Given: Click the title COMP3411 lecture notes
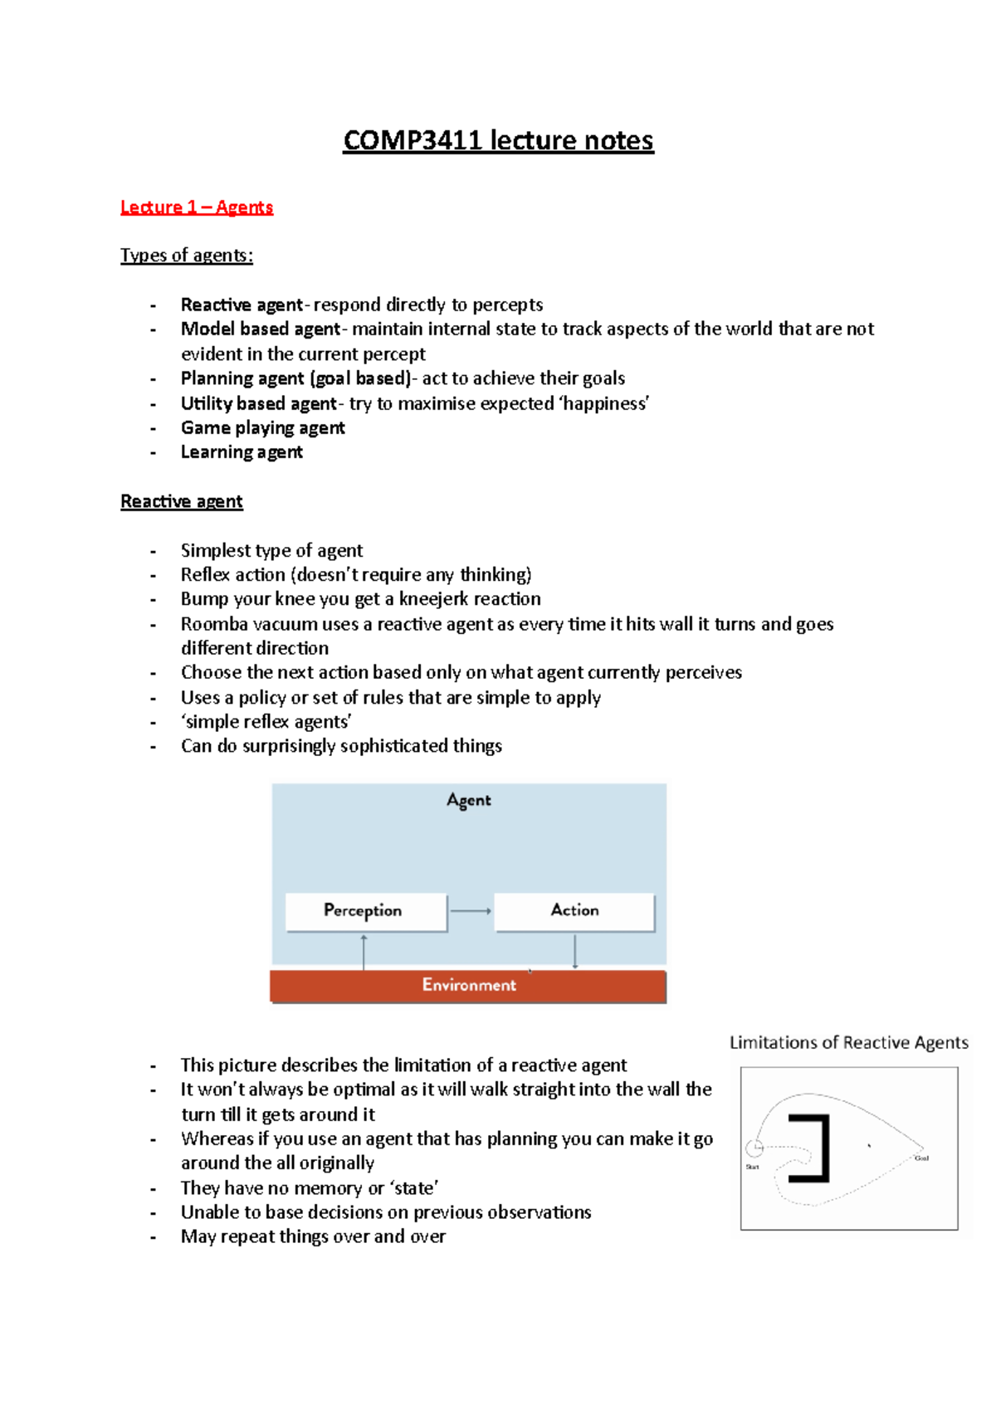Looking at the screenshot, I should click(498, 140).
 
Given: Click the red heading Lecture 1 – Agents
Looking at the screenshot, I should click(197, 207).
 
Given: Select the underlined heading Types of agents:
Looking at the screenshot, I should click(187, 255).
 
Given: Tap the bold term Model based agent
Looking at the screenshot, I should click(260, 329).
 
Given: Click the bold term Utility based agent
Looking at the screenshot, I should click(258, 403).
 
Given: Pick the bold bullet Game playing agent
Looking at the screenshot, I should click(262, 427).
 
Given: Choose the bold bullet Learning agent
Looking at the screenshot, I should click(242, 451).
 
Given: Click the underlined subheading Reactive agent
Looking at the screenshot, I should click(182, 501).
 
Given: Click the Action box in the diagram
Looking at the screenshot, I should click(574, 911).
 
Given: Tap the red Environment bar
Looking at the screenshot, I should click(468, 986).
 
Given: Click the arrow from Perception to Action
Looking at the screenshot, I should click(471, 911).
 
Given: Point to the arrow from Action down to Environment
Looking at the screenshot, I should click(574, 951).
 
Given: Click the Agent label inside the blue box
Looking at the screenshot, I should click(469, 800).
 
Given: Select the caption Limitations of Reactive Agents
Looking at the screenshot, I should click(848, 1042).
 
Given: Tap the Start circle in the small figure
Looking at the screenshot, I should click(754, 1148).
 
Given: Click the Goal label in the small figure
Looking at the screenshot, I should click(921, 1158).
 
